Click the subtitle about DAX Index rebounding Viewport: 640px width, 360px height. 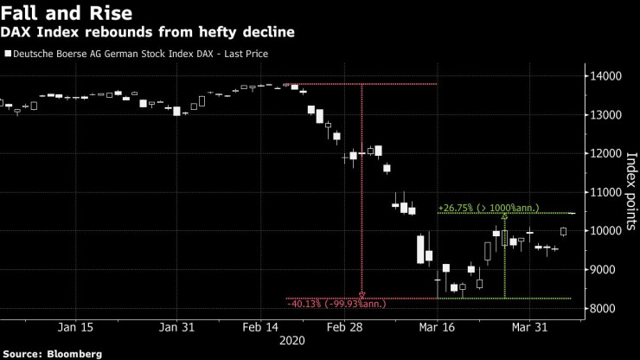click(x=148, y=33)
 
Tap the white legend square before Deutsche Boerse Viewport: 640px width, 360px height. click(x=8, y=55)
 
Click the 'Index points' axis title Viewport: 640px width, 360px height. click(x=630, y=193)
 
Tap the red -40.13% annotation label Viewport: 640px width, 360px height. click(x=336, y=304)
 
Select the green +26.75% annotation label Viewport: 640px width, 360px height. click(x=489, y=208)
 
